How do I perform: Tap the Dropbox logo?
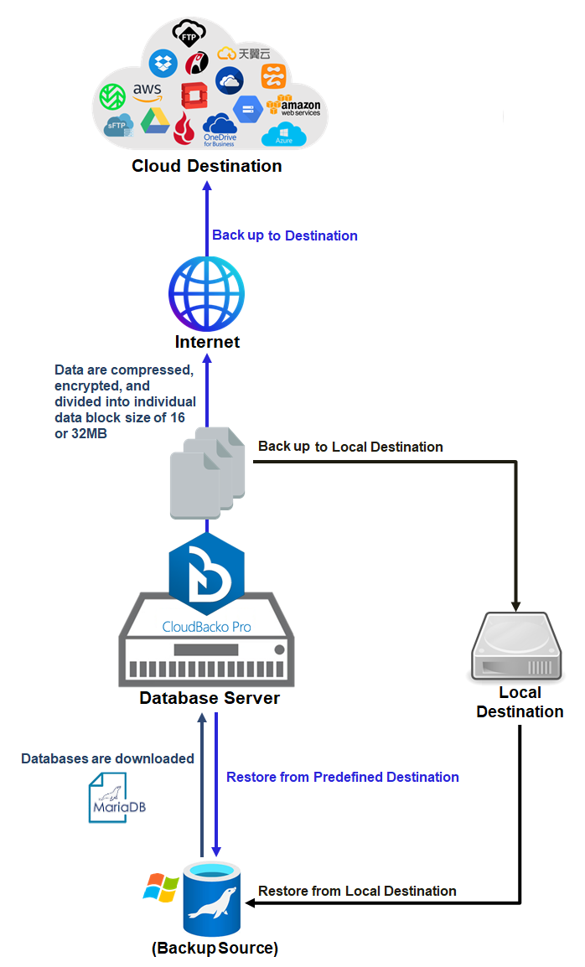click(163, 63)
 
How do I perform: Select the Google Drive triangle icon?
click(154, 121)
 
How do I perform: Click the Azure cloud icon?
click(284, 135)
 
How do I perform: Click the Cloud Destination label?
click(206, 166)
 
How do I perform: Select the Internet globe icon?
click(206, 292)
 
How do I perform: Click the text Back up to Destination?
click(285, 235)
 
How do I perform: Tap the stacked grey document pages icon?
click(206, 473)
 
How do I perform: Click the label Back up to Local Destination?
click(350, 447)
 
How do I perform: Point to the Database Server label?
click(210, 698)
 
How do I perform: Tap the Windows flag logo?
click(161, 888)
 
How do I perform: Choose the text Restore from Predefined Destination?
click(343, 777)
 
